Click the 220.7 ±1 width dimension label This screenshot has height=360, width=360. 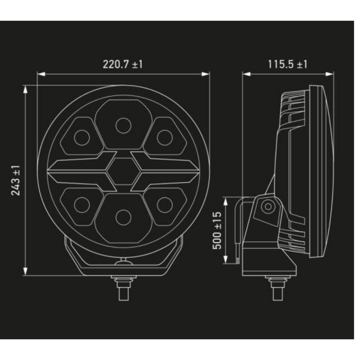click(x=122, y=64)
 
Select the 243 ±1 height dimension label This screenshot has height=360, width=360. click(x=16, y=180)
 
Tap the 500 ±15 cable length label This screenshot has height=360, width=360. click(x=217, y=232)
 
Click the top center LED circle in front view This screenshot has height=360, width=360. click(x=123, y=126)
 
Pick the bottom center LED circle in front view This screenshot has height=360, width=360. click(x=123, y=217)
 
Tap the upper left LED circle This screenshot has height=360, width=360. click(x=81, y=137)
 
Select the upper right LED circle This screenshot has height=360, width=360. click(x=164, y=137)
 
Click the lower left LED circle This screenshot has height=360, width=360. click(x=81, y=205)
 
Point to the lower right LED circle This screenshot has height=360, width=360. click(x=164, y=205)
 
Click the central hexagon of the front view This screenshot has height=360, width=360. click(x=123, y=171)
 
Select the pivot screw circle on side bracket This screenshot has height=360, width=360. click(x=268, y=207)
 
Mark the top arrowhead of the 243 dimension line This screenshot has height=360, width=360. click(x=26, y=88)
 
